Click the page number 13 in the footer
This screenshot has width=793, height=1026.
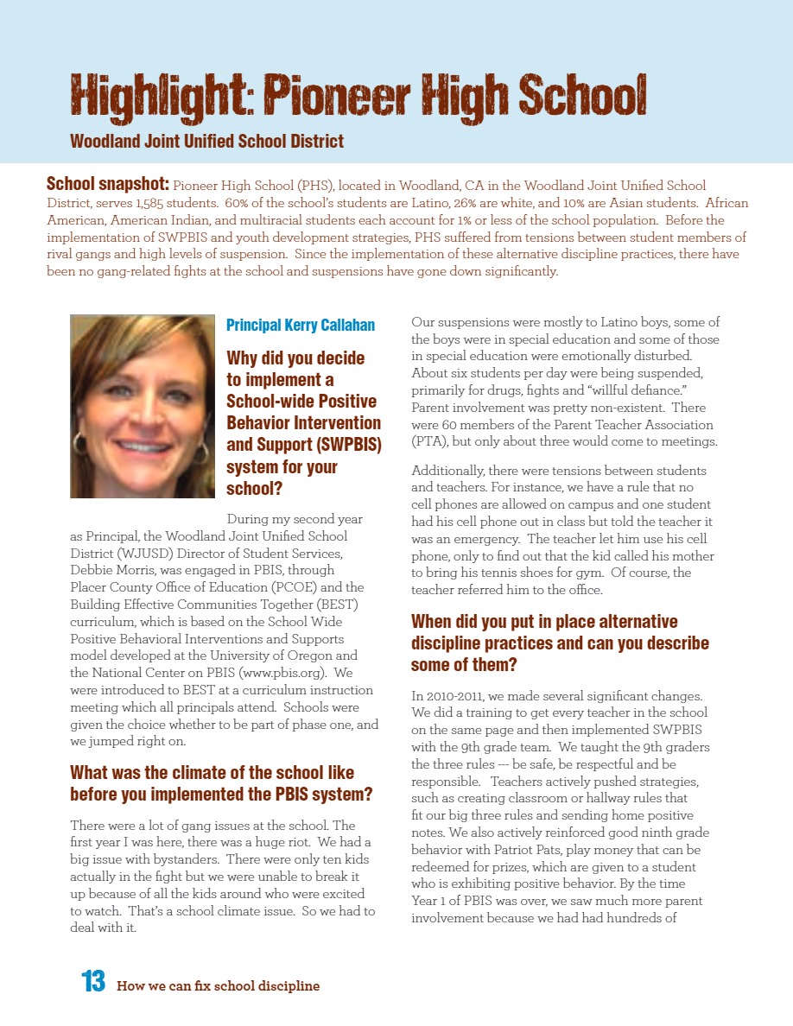[x=93, y=982]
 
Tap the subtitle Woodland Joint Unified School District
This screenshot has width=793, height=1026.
[x=206, y=141]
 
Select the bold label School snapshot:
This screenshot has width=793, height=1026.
[x=108, y=185]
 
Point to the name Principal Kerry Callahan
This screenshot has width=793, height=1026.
[x=301, y=326]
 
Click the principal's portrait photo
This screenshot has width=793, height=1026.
[x=142, y=406]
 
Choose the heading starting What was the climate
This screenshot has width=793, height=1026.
[x=221, y=782]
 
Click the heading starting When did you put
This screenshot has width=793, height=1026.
[x=560, y=643]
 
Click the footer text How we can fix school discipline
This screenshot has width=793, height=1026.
[x=218, y=985]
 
